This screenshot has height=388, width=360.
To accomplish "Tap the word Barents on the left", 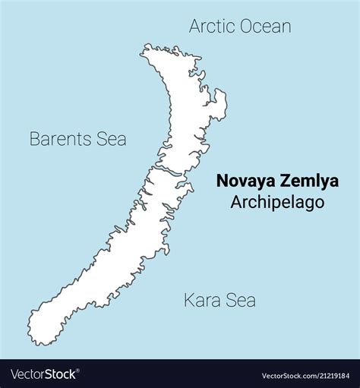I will (60, 139).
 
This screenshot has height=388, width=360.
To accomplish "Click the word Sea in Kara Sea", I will (242, 301).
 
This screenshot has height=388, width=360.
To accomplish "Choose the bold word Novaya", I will (245, 181).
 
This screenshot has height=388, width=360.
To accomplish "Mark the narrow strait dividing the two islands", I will (163, 166).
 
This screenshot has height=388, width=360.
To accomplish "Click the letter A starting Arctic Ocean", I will (194, 27).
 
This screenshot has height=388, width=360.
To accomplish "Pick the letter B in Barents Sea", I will (34, 139).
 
